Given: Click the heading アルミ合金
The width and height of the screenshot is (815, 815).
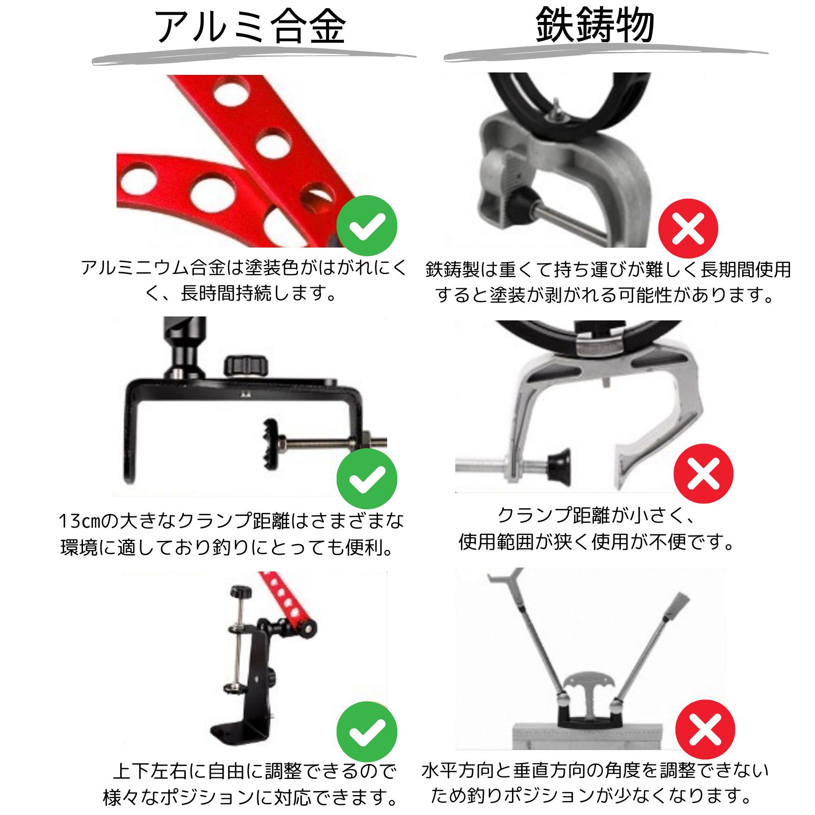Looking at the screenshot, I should pyautogui.click(x=250, y=26).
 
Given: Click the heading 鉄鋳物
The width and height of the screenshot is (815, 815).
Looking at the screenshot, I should pyautogui.click(x=595, y=25).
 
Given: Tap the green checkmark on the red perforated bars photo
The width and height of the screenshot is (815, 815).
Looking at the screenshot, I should pyautogui.click(x=367, y=226).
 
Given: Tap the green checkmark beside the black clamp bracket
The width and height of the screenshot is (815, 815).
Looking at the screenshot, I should pyautogui.click(x=367, y=479).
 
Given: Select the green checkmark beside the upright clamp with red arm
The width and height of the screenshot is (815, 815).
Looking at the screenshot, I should pyautogui.click(x=367, y=732).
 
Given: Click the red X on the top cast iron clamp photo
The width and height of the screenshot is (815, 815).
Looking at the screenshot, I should pyautogui.click(x=688, y=229).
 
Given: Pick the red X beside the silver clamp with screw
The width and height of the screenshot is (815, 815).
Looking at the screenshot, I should pyautogui.click(x=703, y=474).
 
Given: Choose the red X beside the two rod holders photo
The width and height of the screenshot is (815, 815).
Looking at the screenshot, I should pyautogui.click(x=705, y=729).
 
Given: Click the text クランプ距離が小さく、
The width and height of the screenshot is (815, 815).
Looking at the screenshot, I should pyautogui.click(x=596, y=515).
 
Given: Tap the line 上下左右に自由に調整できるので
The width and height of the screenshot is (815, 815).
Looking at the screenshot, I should pyautogui.click(x=255, y=771).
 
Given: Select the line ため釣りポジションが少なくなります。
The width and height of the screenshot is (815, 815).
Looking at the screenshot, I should pyautogui.click(x=591, y=795).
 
